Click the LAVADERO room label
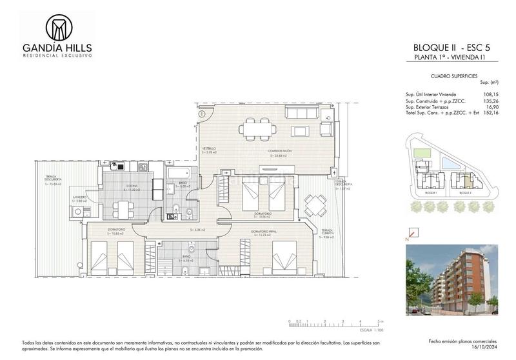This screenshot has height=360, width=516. [79, 197]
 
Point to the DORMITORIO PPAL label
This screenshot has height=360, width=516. [266, 231]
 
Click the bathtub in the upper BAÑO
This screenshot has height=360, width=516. [177, 173]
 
